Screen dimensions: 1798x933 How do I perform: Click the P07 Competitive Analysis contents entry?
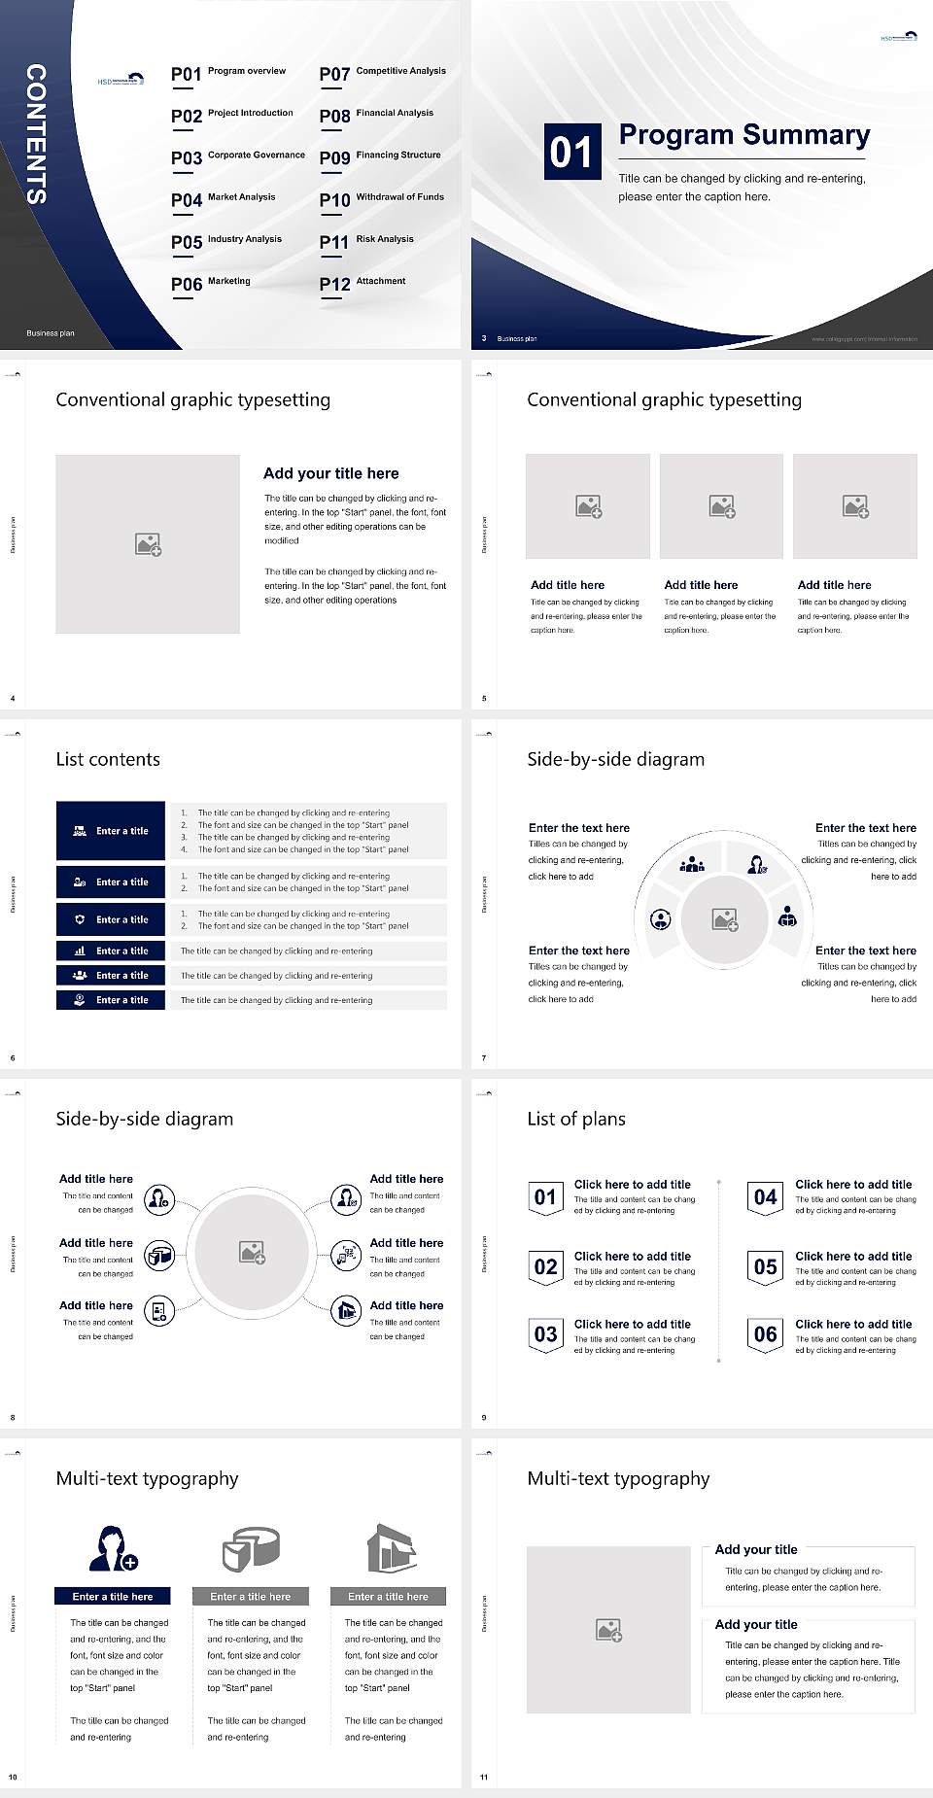[382, 73]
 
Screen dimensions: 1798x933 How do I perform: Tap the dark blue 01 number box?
[571, 152]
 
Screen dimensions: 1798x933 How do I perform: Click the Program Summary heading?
[743, 135]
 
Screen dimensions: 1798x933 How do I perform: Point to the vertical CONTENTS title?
[36, 134]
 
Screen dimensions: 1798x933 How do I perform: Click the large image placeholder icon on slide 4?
[148, 544]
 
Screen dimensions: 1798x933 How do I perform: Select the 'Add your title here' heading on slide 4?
[330, 473]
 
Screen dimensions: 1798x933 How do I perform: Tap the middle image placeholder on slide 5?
[721, 506]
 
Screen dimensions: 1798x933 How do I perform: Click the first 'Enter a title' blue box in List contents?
[111, 831]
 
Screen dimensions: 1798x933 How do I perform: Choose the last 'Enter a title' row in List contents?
[111, 1000]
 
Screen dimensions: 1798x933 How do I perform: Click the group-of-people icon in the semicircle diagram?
[692, 863]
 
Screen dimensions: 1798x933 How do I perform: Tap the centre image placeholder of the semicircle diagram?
[724, 919]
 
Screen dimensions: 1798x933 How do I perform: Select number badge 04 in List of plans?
[766, 1197]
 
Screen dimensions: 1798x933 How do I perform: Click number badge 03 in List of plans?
[545, 1334]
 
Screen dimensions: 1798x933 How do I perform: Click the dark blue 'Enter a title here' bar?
[112, 1596]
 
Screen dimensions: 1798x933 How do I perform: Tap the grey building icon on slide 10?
[391, 1547]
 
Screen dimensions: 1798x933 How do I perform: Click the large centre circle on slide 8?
[252, 1252]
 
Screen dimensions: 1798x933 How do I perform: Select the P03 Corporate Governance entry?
[238, 156]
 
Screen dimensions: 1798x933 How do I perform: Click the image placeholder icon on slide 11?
[609, 1630]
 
